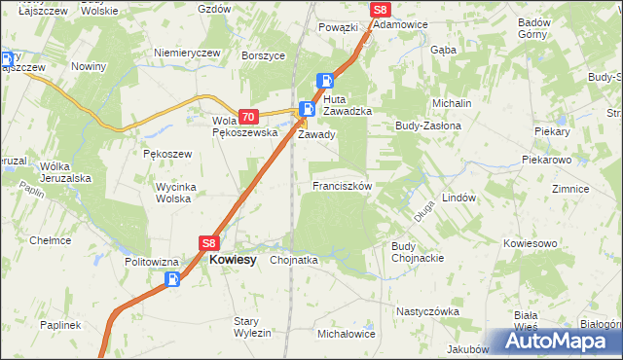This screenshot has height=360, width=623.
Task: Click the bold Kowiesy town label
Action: tap(233, 261)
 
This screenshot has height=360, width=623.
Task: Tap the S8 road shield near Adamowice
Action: tap(381, 10)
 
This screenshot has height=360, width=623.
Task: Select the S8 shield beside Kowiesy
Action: tap(209, 243)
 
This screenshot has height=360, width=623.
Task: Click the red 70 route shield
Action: tap(246, 115)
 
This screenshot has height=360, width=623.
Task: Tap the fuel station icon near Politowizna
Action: tap(172, 280)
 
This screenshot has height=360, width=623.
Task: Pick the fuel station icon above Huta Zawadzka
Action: tap(328, 82)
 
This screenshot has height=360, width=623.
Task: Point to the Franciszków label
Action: tap(341, 185)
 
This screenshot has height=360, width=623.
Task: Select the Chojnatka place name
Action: tap(294, 260)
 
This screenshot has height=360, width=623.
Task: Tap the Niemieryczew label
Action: tap(183, 54)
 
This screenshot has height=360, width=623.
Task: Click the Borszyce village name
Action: tap(263, 55)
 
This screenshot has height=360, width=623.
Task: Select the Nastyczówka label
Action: tap(426, 311)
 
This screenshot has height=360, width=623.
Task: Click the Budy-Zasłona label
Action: tap(426, 126)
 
